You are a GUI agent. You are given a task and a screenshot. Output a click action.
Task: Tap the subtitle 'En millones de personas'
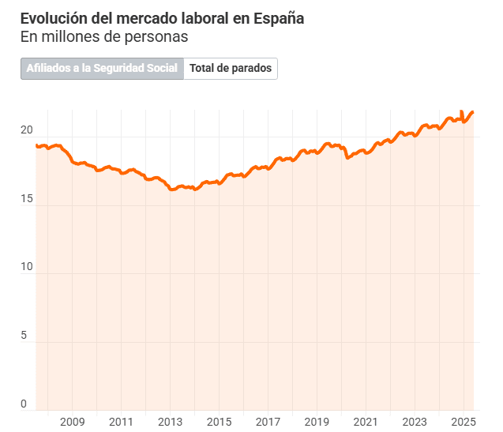click(x=104, y=36)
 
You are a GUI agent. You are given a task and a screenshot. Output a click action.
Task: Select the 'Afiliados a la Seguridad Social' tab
click(x=103, y=69)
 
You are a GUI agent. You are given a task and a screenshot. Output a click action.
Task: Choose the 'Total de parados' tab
click(x=231, y=69)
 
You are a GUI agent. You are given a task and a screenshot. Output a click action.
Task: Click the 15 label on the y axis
click(x=26, y=199)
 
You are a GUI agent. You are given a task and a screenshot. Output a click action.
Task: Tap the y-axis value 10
click(x=26, y=267)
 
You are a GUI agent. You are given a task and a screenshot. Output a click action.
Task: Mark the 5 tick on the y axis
click(x=24, y=336)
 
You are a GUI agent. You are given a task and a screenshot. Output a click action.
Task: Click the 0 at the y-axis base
click(x=24, y=404)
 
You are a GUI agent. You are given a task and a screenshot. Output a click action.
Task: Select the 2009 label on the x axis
click(x=72, y=422)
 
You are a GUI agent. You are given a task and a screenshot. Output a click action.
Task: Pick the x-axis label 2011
click(x=121, y=422)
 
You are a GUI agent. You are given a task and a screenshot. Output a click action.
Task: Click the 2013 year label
click(x=170, y=422)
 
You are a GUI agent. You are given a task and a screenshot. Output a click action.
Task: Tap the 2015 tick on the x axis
click(x=219, y=422)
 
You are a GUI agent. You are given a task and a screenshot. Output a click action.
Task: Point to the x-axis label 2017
click(x=268, y=422)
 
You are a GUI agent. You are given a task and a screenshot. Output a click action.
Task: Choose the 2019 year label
click(x=317, y=422)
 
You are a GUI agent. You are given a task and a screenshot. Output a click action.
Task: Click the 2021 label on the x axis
click(x=366, y=422)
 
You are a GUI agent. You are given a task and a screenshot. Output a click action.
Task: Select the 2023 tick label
click(x=415, y=422)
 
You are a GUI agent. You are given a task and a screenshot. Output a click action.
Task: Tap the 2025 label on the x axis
click(x=464, y=422)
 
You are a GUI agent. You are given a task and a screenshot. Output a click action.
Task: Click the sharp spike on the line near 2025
click(x=462, y=112)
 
